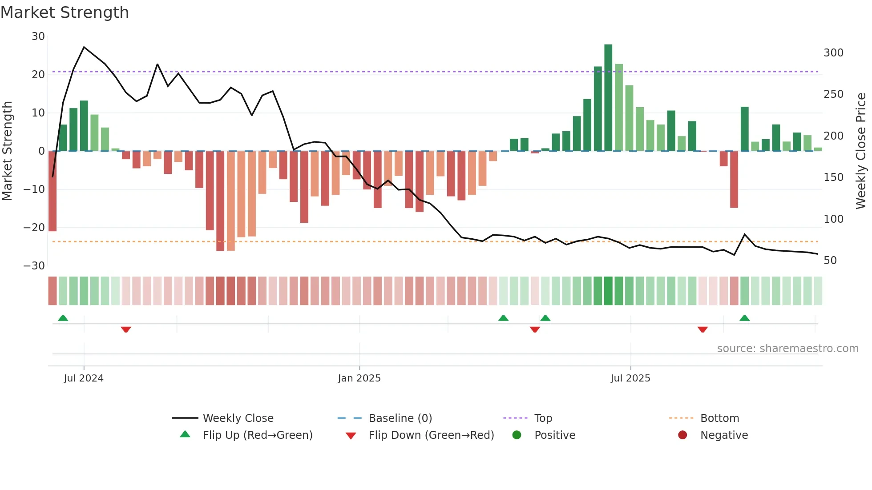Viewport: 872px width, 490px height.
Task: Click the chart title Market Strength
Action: [x=65, y=12]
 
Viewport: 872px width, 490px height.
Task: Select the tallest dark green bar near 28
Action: [x=608, y=98]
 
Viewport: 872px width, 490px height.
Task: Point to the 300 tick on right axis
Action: [x=833, y=53]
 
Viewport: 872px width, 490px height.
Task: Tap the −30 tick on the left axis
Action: [x=34, y=266]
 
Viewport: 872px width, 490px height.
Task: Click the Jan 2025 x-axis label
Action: [x=359, y=378]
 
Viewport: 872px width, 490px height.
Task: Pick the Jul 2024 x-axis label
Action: [x=84, y=378]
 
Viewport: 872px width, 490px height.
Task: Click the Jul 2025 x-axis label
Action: [x=630, y=378]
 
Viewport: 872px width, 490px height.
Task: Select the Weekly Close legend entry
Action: [x=238, y=418]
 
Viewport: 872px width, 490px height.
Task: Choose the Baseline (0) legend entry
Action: [x=400, y=418]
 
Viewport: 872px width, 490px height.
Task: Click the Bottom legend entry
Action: [x=719, y=418]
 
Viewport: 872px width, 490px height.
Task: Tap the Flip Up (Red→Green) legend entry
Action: [x=257, y=435]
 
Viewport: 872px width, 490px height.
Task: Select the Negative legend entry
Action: [x=723, y=435]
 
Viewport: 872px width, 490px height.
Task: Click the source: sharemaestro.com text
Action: [x=787, y=349]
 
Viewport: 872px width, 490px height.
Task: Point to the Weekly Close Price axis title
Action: [x=861, y=151]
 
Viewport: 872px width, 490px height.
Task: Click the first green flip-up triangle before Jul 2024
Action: [x=63, y=318]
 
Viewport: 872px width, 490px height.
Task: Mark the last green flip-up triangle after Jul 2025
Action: [x=744, y=318]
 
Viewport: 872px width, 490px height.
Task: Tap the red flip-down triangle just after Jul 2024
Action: [x=126, y=329]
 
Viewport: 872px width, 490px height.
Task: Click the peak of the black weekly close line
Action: [x=84, y=47]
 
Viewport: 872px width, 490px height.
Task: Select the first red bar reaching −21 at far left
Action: [x=52, y=191]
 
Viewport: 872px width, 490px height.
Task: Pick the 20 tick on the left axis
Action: [x=38, y=75]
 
